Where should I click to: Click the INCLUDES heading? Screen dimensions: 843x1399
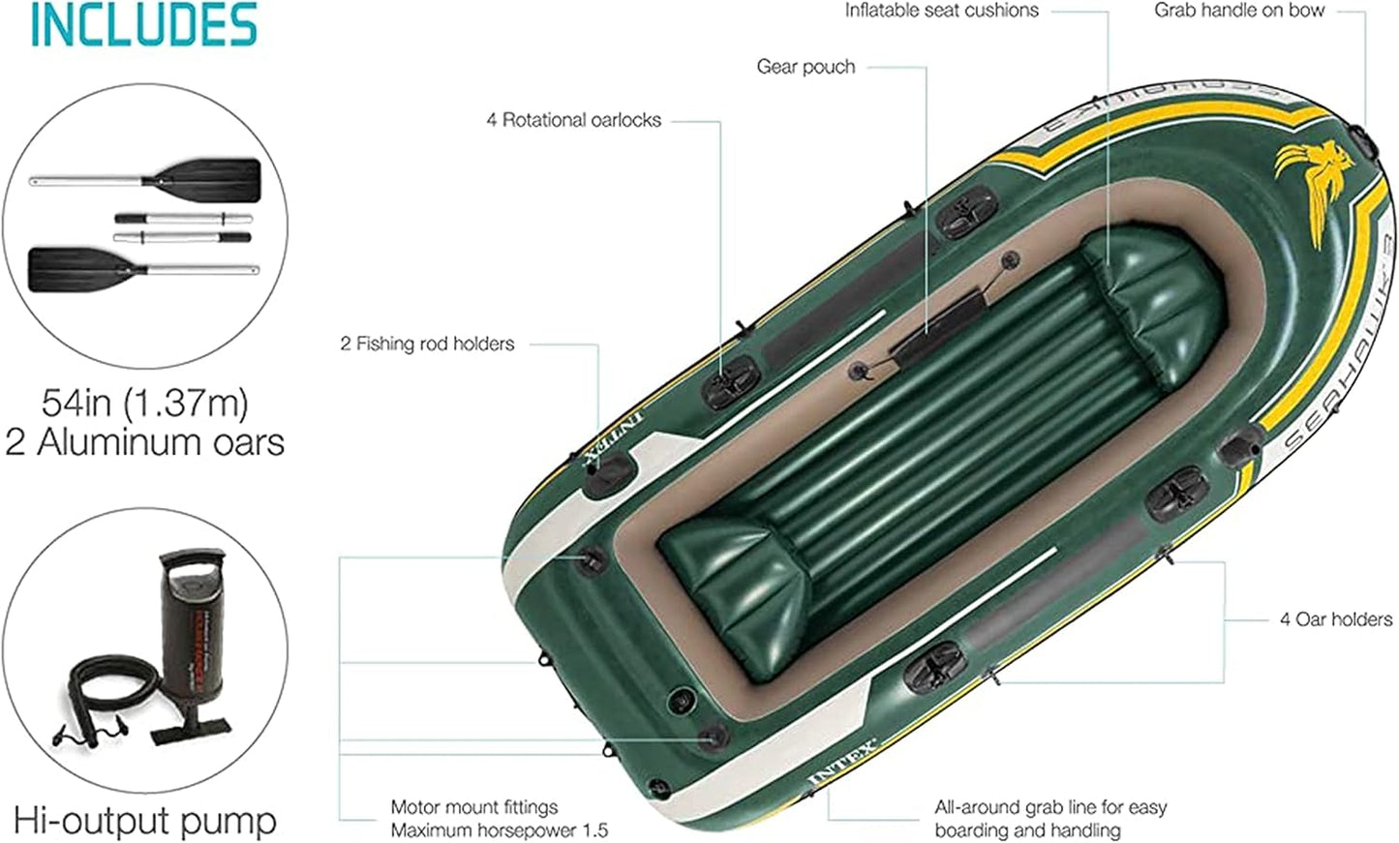click(143, 25)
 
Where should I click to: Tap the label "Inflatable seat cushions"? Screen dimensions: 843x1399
click(941, 11)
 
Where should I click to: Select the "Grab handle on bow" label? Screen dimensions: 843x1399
click(1238, 11)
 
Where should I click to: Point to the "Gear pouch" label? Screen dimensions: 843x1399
click(806, 67)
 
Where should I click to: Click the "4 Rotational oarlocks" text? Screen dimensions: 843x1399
click(573, 120)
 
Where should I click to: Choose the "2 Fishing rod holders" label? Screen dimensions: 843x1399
click(427, 344)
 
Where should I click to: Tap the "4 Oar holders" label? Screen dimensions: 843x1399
click(1335, 619)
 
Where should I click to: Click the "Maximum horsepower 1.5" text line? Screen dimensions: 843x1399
click(499, 830)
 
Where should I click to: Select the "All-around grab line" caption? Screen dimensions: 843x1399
click(1049, 818)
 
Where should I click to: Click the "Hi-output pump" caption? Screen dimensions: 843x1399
click(145, 821)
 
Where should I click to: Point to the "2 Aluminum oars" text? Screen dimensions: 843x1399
click(145, 442)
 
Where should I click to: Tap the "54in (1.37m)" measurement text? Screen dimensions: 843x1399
click(145, 401)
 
